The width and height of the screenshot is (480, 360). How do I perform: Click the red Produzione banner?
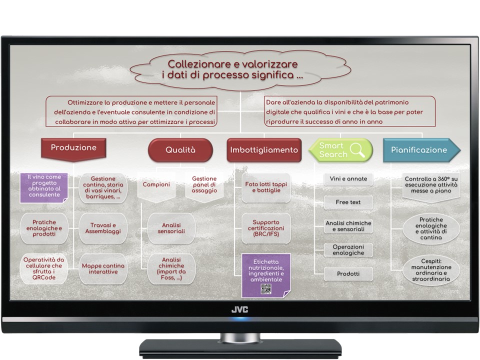pyautogui.click(x=73, y=149)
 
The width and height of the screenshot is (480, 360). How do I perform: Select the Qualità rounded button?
pyautogui.click(x=180, y=150)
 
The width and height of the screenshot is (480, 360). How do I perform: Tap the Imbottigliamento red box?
pyautogui.click(x=264, y=150)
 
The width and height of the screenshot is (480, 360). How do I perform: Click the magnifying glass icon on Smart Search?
pyautogui.click(x=357, y=149)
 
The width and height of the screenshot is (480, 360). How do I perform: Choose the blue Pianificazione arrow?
pyautogui.click(x=421, y=150)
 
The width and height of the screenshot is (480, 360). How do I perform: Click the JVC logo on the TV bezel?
pyautogui.click(x=239, y=309)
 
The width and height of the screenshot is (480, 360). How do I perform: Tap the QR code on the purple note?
pyautogui.click(x=265, y=289)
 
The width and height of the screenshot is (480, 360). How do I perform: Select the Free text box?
pyautogui.click(x=348, y=202)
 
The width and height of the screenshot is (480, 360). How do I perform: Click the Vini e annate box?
pyautogui.click(x=348, y=179)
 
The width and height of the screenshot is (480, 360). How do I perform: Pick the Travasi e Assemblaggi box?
pyautogui.click(x=103, y=228)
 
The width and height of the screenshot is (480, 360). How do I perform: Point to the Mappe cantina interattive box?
pyautogui.click(x=103, y=269)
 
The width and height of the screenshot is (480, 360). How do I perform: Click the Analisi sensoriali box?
pyautogui.click(x=171, y=228)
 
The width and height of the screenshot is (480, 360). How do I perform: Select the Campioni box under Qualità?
pyautogui.click(x=156, y=186)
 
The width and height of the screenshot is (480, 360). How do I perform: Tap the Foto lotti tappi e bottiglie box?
pyautogui.click(x=266, y=187)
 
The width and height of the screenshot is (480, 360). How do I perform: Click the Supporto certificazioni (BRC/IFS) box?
pyautogui.click(x=266, y=228)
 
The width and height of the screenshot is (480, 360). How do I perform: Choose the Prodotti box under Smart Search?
pyautogui.click(x=348, y=274)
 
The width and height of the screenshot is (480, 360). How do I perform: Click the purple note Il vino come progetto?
pyautogui.click(x=44, y=188)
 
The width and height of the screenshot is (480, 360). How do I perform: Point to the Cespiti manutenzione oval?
pyautogui.click(x=431, y=270)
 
